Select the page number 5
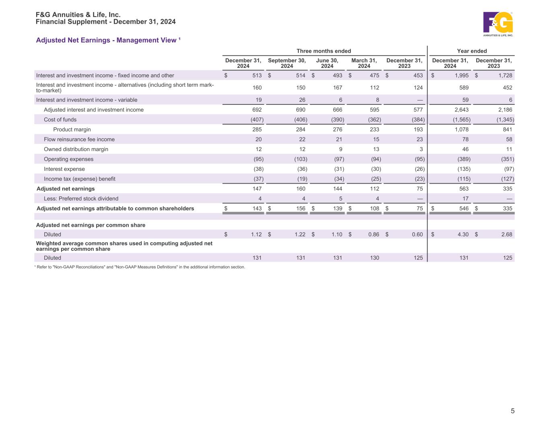pos(512,411)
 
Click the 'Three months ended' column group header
pos(323,51)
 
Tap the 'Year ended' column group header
pos(472,51)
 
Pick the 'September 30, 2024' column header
pos(287,63)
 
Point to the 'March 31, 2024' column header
pos(364,63)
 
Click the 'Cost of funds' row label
pos(60,119)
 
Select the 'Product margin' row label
pos(72,129)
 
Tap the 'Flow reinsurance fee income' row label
pos(79,139)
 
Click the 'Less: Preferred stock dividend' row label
pos(81,199)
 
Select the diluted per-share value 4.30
pos(463,235)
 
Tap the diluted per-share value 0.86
pos(374,235)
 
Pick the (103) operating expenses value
pos(301,159)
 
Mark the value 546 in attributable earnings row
pos(464,209)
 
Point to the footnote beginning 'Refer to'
pos(140,267)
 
